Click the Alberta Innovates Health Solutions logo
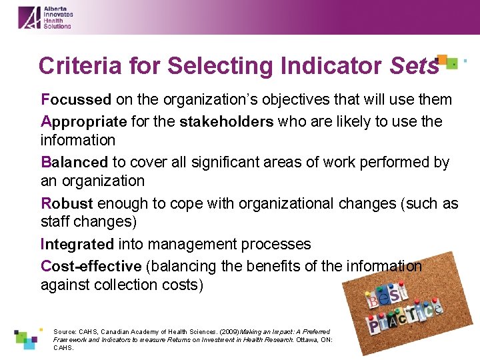click(45, 17)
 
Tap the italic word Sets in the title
click(415, 66)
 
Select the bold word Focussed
click(76, 100)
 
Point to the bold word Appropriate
click(83, 121)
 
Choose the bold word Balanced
click(74, 162)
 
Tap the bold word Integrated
click(77, 244)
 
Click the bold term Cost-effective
click(91, 266)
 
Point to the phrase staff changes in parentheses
click(87, 222)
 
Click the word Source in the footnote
click(65, 331)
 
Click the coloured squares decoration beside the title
click(448, 63)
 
